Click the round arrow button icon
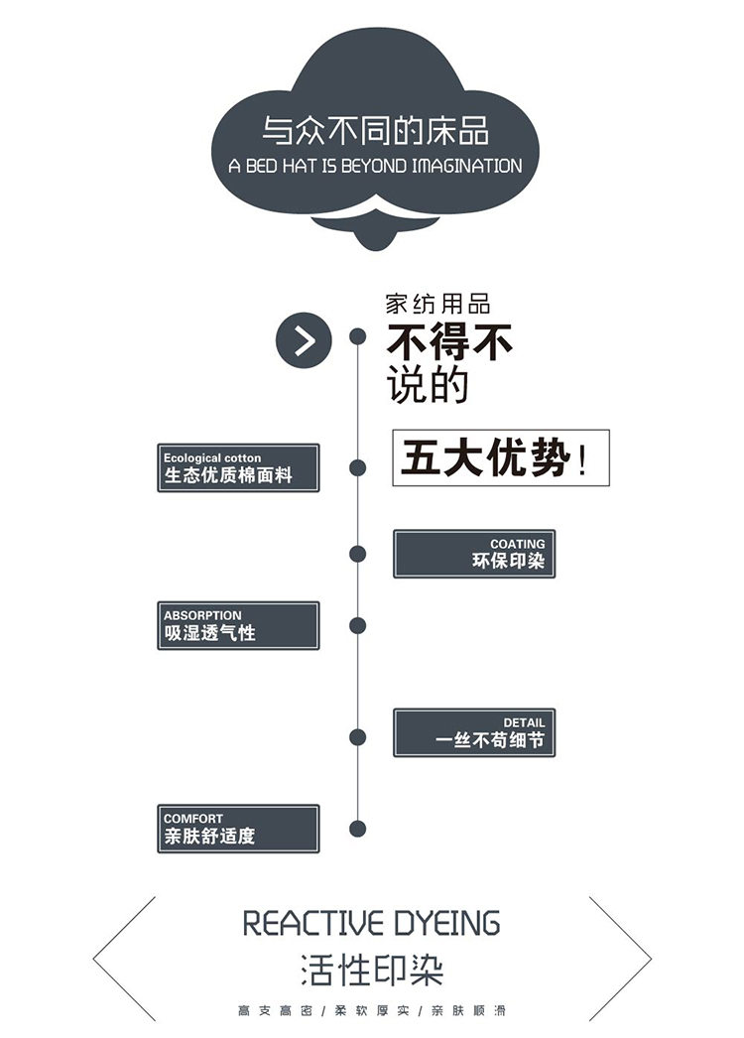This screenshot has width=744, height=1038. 303,340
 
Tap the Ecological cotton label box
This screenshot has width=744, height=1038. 238,467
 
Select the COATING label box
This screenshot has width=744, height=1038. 474,554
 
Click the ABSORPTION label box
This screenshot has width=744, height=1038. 238,625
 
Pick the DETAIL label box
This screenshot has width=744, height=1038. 474,732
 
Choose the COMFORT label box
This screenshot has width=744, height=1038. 238,829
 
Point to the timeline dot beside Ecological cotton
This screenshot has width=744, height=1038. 358,467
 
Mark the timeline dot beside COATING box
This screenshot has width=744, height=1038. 358,554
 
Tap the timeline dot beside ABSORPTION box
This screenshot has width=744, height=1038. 358,625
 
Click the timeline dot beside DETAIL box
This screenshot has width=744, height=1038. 358,736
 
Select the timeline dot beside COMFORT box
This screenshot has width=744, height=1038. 358,829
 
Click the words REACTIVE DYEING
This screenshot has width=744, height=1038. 372,923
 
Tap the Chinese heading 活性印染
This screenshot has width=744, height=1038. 372,970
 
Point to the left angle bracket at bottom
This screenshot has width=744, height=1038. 124,959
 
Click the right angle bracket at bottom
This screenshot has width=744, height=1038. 621,959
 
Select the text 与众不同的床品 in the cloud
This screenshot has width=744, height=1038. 375,131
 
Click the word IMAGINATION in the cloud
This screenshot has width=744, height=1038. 466,167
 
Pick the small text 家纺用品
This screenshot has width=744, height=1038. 437,305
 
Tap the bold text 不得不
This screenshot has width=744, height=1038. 449,343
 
